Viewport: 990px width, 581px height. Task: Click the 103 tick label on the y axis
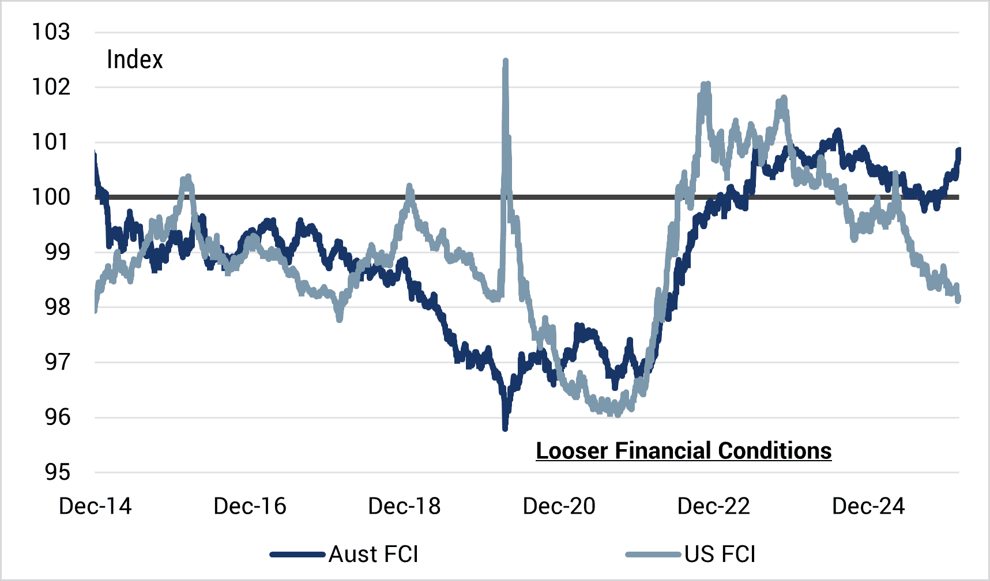[x=51, y=32]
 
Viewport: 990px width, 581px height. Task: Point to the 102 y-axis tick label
[x=51, y=88]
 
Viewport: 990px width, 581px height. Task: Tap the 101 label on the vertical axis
[x=51, y=142]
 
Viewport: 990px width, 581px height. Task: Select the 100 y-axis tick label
[x=51, y=198]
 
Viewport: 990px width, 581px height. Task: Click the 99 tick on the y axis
[x=58, y=252]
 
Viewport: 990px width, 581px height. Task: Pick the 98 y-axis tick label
[x=58, y=307]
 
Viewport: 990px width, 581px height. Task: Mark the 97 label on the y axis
[x=58, y=363]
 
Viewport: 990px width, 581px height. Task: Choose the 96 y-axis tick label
[x=58, y=417]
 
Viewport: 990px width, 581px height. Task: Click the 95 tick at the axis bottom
[x=58, y=473]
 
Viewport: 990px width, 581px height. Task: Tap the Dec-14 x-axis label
[x=95, y=507]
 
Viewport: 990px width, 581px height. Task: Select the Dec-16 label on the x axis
[x=250, y=507]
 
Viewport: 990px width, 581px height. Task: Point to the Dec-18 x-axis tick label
[x=404, y=507]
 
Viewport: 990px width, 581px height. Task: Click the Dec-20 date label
[x=559, y=507]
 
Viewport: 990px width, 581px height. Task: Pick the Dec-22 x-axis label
[x=713, y=507]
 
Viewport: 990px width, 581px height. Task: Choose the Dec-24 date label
[x=868, y=507]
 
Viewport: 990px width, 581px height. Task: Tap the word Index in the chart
[x=135, y=60]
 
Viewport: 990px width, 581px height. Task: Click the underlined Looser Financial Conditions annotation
[x=683, y=451]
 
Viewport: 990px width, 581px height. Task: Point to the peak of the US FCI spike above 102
[x=506, y=61]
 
